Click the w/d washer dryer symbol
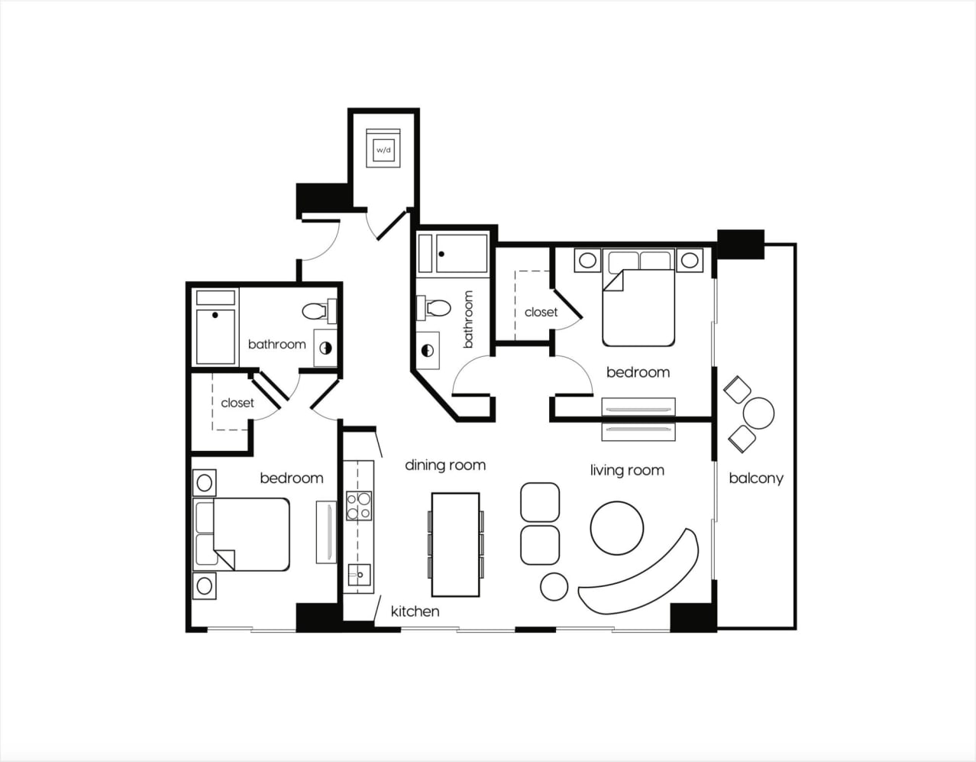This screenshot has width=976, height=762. pyautogui.click(x=383, y=150)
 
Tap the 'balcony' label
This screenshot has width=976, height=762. pyautogui.click(x=756, y=479)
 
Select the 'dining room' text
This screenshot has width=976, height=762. pyautogui.click(x=445, y=465)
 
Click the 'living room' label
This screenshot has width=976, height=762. pyautogui.click(x=627, y=470)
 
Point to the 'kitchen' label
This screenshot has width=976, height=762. pyautogui.click(x=415, y=611)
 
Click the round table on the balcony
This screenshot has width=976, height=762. pyautogui.click(x=758, y=413)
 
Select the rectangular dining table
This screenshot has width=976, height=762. pyautogui.click(x=455, y=544)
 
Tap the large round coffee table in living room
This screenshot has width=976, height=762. pyautogui.click(x=617, y=527)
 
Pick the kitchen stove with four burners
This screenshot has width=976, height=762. pyautogui.click(x=359, y=505)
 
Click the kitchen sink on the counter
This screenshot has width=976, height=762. pyautogui.click(x=358, y=574)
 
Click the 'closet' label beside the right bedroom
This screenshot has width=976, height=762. pyautogui.click(x=541, y=312)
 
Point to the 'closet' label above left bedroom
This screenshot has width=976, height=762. pyautogui.click(x=238, y=403)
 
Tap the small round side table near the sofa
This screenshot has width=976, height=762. pyautogui.click(x=554, y=586)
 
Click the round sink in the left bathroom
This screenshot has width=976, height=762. pyautogui.click(x=326, y=348)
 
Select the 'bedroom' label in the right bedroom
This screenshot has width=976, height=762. pyautogui.click(x=638, y=372)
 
